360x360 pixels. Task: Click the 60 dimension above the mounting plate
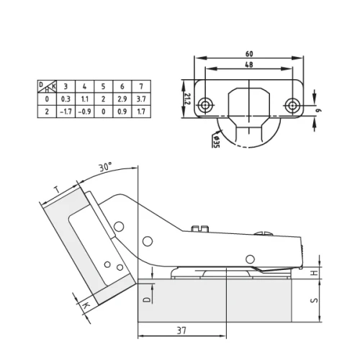click(248, 53)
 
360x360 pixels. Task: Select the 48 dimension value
click(248, 65)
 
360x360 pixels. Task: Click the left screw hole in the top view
click(207, 105)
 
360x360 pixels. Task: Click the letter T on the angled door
click(57, 192)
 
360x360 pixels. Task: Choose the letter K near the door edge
click(86, 307)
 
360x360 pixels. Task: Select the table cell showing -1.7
click(66, 112)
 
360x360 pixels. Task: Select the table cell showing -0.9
click(85, 112)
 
